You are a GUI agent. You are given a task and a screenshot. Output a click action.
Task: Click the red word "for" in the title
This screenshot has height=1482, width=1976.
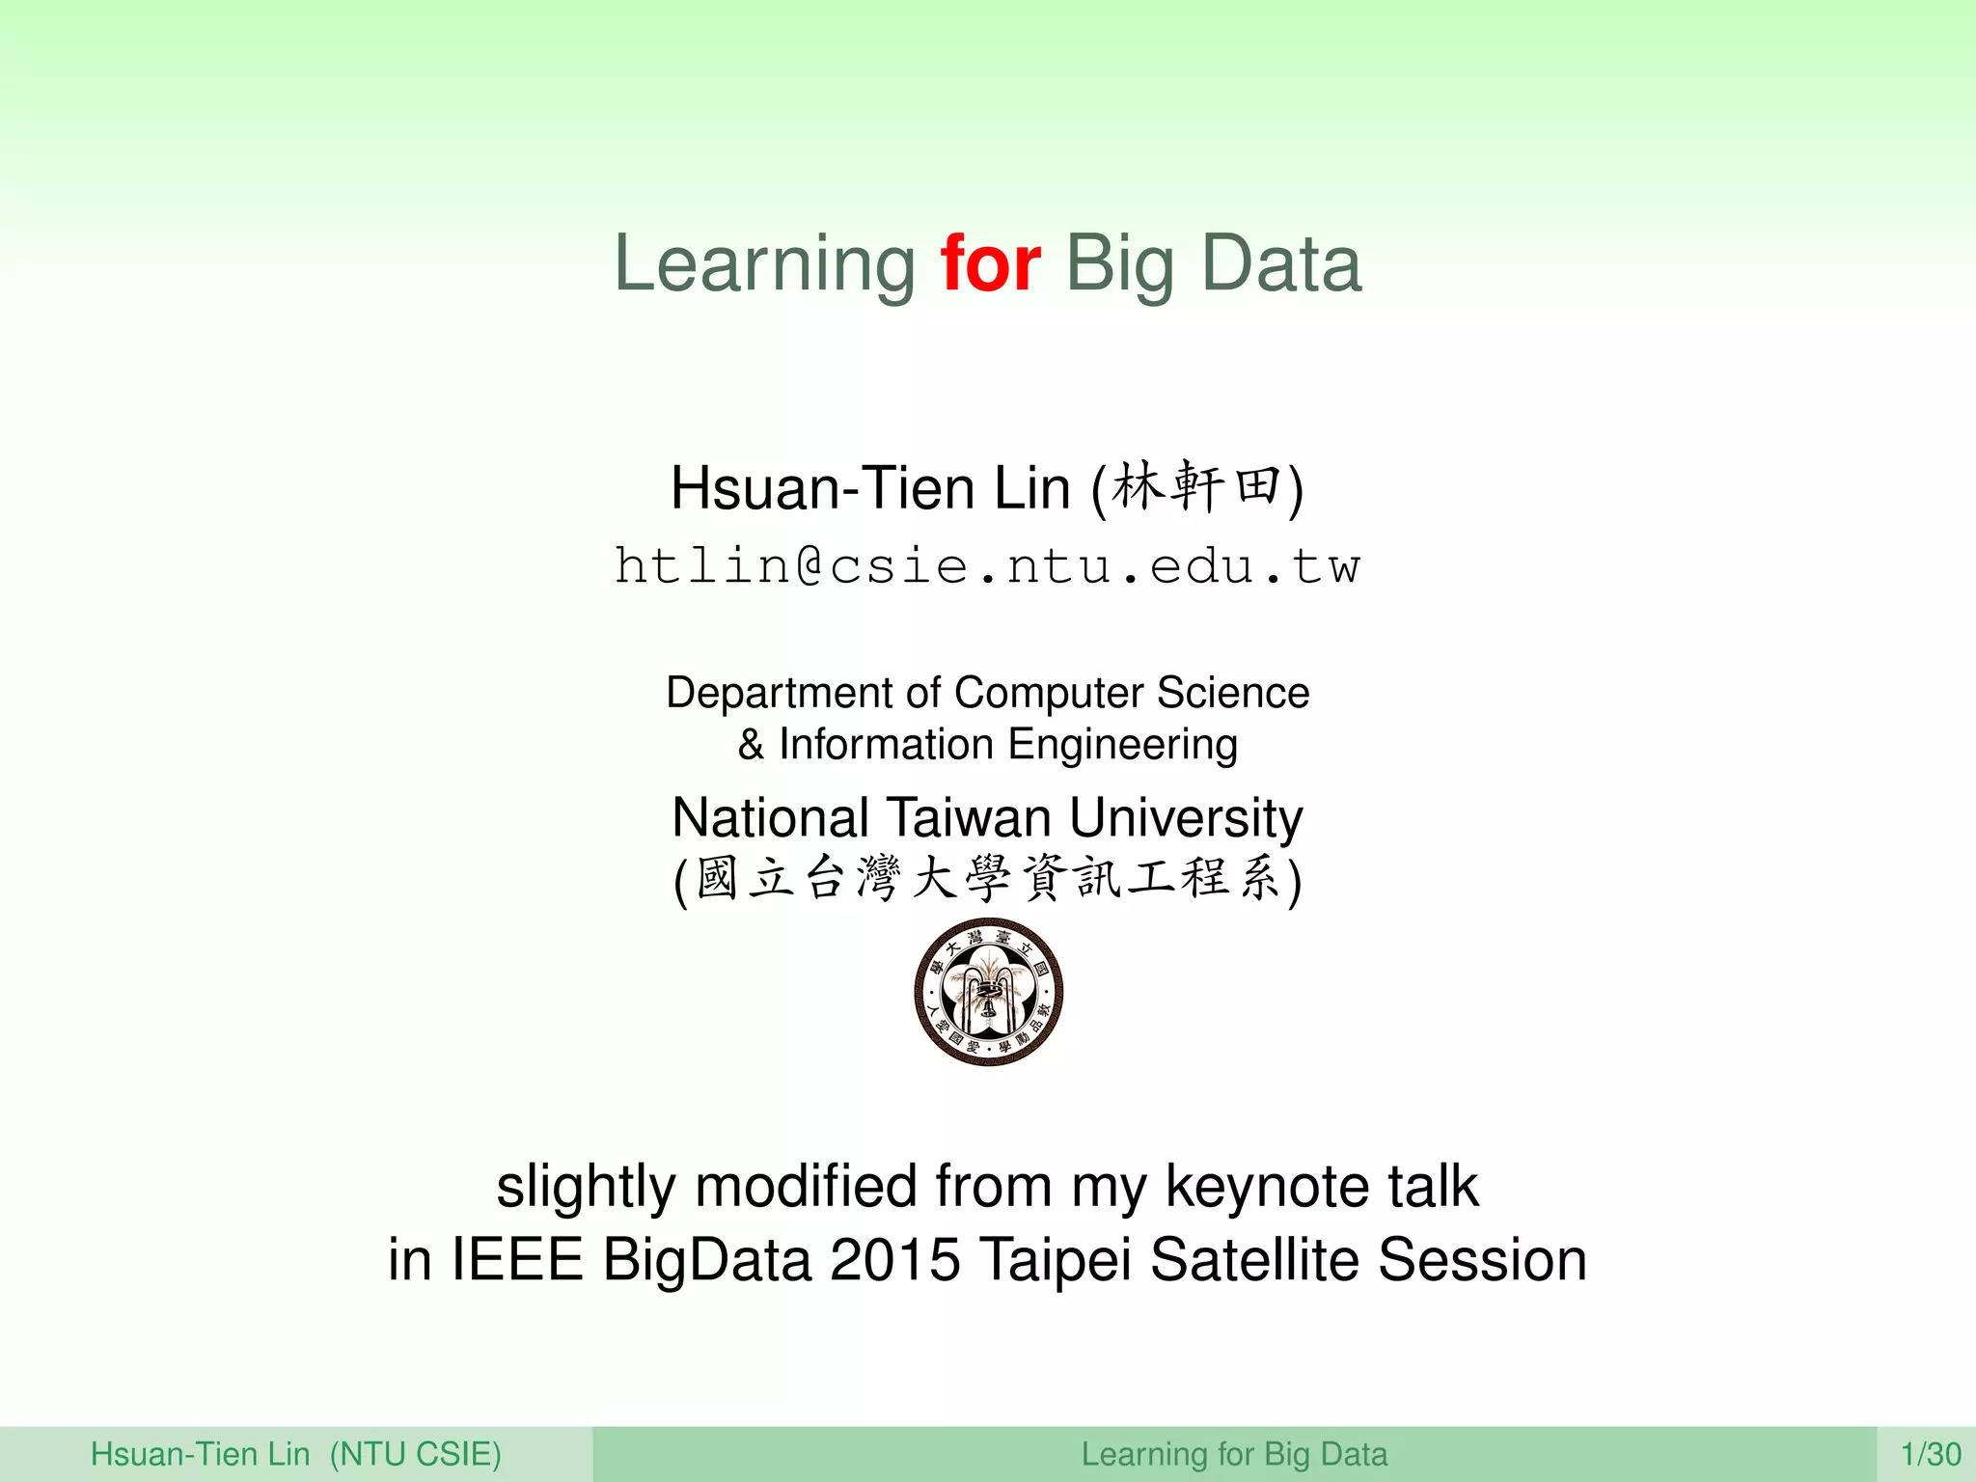[991, 263]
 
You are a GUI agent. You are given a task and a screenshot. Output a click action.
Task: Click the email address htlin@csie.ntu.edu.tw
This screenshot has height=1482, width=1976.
[987, 565]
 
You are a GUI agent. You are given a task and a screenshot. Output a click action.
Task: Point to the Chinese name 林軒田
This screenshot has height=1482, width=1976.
[1195, 486]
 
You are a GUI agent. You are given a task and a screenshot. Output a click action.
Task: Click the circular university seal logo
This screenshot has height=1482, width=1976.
[988, 992]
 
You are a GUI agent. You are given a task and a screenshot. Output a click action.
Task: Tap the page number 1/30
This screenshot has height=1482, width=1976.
[1931, 1454]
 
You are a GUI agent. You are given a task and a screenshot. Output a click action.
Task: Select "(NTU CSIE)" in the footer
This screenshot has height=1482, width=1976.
[415, 1454]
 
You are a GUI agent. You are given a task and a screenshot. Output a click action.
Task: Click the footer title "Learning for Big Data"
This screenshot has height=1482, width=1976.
[1234, 1454]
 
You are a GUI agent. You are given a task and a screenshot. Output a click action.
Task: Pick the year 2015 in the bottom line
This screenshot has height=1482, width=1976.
[894, 1260]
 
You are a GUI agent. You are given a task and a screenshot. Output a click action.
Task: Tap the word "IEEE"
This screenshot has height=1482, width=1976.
[517, 1260]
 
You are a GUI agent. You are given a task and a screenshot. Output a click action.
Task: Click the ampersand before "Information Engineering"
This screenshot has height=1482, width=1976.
[751, 745]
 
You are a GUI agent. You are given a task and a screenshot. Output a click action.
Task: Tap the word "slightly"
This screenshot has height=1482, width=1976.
[585, 1187]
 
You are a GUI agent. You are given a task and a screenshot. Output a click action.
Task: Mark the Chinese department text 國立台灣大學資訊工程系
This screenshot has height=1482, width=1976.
[987, 878]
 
